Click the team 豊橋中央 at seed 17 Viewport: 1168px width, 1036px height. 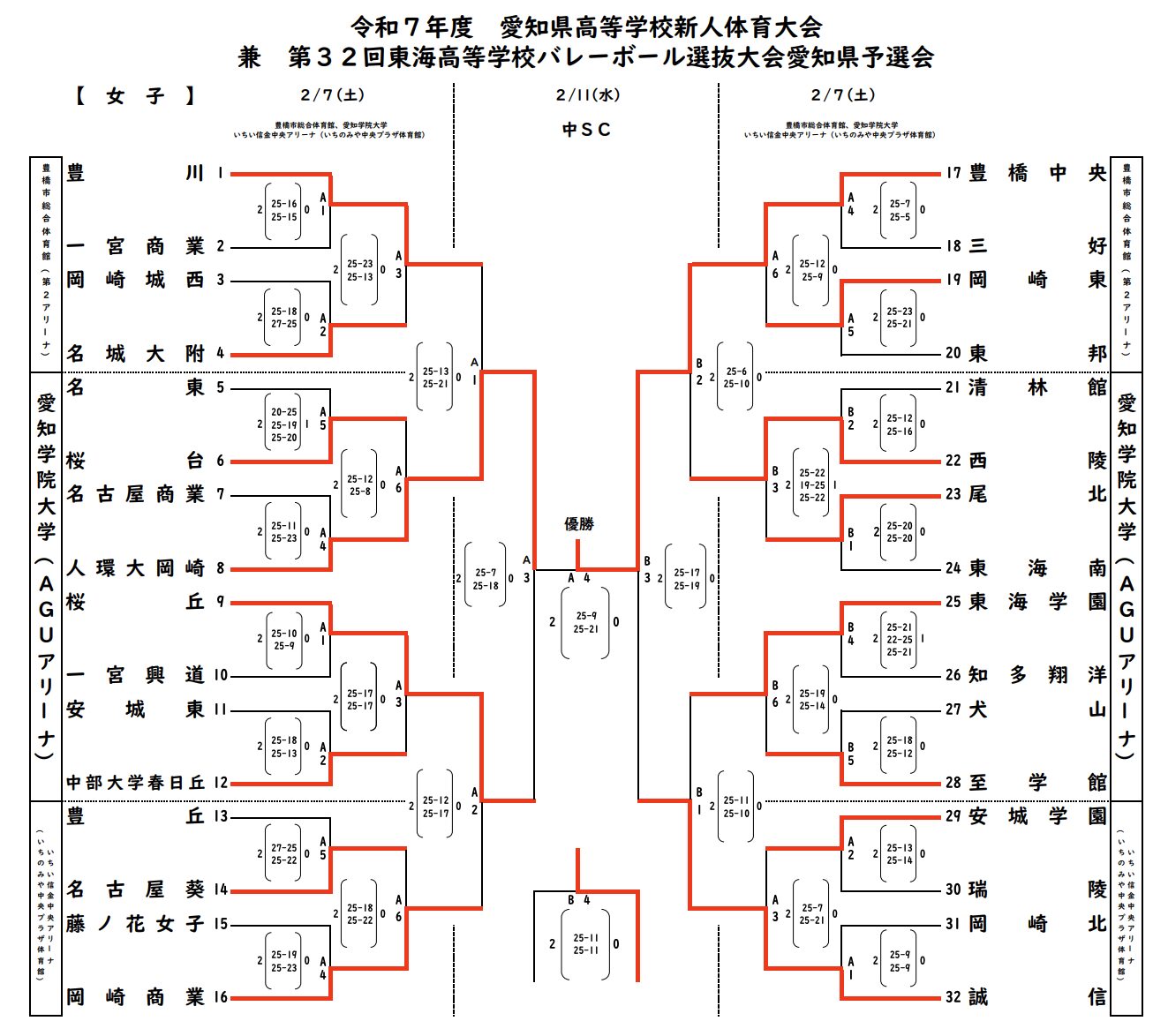point(1037,173)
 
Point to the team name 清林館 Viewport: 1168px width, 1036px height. point(1037,387)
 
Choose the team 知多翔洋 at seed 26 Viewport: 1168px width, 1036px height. point(1037,675)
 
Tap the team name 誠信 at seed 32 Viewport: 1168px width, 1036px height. point(1037,997)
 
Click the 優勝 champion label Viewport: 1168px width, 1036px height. point(579,524)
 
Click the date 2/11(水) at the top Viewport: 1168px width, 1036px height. point(587,95)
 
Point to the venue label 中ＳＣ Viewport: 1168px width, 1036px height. point(586,130)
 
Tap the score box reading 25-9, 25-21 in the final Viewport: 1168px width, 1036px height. point(585,622)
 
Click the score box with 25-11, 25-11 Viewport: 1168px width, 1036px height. point(585,944)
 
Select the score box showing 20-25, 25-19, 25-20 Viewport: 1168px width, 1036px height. point(283,424)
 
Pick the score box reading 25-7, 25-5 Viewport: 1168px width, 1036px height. point(900,210)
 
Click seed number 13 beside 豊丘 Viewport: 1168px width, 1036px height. point(221,816)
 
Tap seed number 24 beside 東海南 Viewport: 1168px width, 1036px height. point(953,568)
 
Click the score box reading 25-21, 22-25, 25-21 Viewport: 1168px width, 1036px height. point(900,640)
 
